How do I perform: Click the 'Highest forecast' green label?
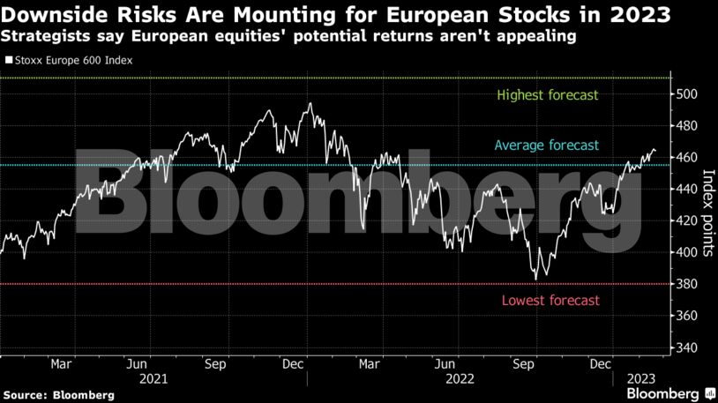click(548, 95)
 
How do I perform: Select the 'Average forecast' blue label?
click(546, 146)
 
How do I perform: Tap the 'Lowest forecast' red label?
click(550, 301)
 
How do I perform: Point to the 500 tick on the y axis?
click(690, 94)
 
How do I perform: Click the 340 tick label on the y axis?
click(690, 347)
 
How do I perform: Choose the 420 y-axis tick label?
click(690, 220)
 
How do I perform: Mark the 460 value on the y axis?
click(690, 158)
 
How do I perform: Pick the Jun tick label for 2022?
click(446, 363)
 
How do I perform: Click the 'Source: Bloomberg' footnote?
click(58, 395)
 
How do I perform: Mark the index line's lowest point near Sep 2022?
click(535, 279)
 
